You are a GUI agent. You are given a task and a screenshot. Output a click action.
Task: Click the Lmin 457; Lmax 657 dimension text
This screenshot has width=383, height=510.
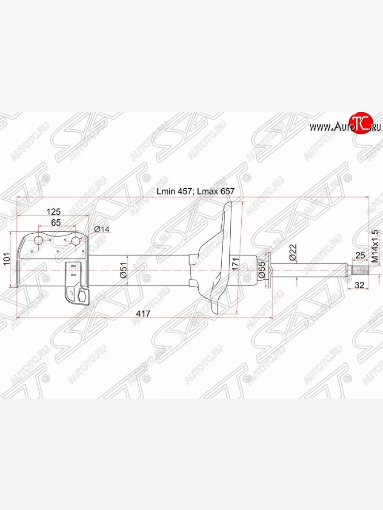[195, 191]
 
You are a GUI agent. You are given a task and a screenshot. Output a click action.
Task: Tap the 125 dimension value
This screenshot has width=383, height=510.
[54, 211]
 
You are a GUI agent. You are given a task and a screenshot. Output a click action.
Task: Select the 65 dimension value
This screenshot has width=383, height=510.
[56, 222]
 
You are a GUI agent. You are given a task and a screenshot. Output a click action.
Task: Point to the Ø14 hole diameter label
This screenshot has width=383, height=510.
[102, 229]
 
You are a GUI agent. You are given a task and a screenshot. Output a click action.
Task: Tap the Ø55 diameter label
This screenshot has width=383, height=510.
[263, 270]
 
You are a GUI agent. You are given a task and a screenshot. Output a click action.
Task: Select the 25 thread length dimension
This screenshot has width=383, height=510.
[360, 255]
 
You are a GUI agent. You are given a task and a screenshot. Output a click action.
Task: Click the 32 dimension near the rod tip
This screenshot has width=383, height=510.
[359, 285]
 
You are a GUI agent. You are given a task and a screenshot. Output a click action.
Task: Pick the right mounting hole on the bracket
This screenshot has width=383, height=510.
[76, 241]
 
